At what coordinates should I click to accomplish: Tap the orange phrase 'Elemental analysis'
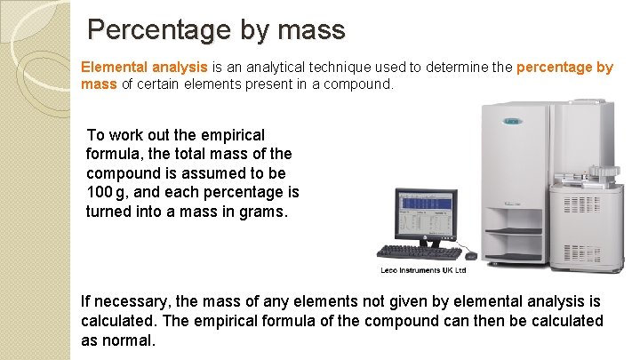point(144,67)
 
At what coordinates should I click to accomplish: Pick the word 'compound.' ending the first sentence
point(360,84)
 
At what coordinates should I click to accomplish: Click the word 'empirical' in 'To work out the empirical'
point(234,135)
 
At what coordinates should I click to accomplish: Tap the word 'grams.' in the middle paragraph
point(265,212)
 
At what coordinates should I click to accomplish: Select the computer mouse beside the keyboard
point(470,255)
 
